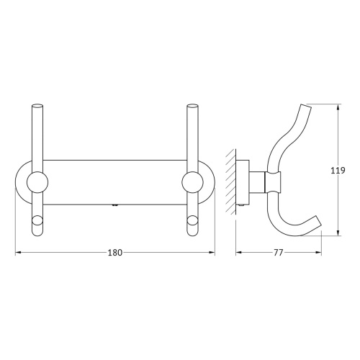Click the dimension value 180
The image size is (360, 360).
[115, 252]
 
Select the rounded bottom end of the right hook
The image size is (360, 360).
[192, 230]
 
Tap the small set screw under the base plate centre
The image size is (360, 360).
[115, 206]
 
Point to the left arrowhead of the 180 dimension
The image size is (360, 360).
[18, 252]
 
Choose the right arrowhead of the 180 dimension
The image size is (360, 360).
[213, 252]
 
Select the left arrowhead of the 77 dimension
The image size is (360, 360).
[238, 252]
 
